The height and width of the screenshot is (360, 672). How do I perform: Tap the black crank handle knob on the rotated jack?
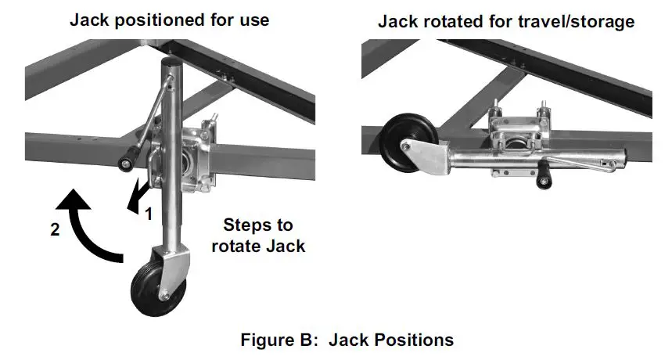[539, 182]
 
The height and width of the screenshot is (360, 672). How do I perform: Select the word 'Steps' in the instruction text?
[246, 225]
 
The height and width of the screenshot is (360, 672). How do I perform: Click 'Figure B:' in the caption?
[280, 340]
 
